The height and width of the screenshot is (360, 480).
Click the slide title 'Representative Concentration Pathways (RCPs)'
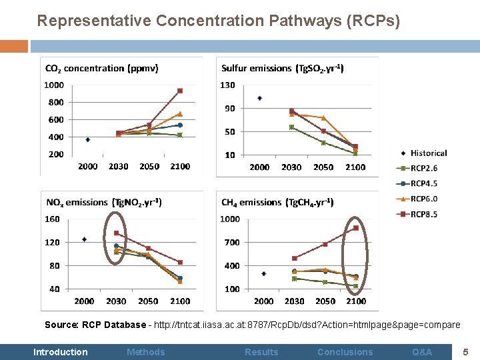pos(219,21)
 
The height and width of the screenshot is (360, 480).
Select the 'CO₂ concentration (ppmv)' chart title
pos(101,68)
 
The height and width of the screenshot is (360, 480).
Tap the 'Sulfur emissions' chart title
pos(283,68)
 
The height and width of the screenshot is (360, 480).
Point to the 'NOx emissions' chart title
pos(103,202)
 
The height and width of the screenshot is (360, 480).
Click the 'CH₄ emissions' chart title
pos(277,202)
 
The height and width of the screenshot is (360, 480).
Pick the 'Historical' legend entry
pos(428,153)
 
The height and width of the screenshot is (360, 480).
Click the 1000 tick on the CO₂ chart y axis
pos(54,85)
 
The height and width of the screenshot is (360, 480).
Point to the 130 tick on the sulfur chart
pos(227,85)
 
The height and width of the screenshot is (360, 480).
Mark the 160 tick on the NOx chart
pos(52,219)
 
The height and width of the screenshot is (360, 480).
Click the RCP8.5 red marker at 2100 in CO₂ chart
pos(180,91)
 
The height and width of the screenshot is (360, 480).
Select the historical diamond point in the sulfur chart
pos(259,98)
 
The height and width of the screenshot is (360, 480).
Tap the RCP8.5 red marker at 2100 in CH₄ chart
pos(356,228)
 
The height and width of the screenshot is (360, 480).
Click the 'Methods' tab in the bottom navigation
pos(145,352)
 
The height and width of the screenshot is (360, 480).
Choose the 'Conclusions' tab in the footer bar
pos(345,352)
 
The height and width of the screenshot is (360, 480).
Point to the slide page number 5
pos(466,351)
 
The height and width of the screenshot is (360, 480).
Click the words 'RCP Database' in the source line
pos(113,325)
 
